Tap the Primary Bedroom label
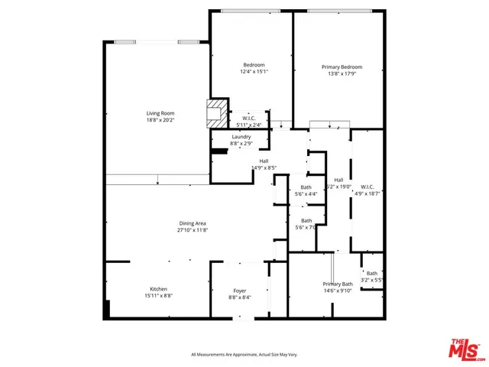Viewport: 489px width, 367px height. click(342, 67)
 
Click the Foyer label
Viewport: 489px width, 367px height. click(240, 291)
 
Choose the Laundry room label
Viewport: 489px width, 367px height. click(241, 136)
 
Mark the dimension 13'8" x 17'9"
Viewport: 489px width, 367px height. click(342, 74)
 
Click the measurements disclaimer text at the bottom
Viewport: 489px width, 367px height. click(244, 354)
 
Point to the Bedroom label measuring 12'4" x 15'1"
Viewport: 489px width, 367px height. click(254, 65)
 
